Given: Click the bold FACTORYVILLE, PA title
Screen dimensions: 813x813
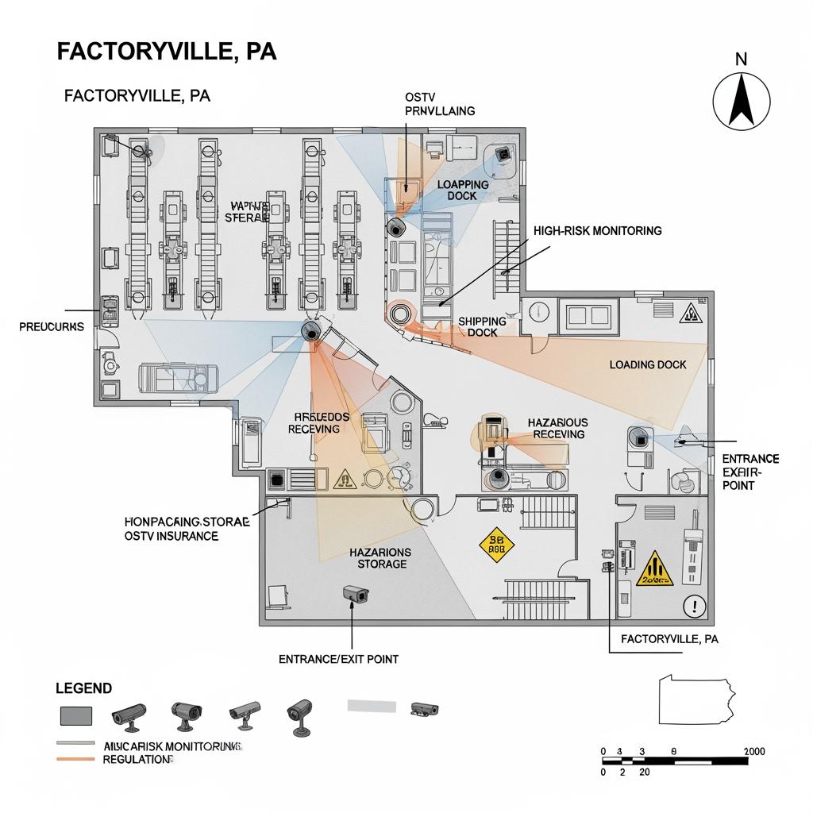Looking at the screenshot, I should coord(167,52).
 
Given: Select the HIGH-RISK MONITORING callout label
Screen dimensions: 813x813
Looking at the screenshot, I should coord(597,231).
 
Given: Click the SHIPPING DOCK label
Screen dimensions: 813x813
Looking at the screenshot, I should coord(482,326).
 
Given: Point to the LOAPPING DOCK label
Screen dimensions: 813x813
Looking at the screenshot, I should coord(463,190).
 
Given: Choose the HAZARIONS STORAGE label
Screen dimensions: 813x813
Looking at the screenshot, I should coord(380,557).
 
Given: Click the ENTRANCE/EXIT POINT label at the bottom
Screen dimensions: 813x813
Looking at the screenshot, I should coord(339,659).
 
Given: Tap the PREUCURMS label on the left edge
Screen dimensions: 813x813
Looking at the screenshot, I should coord(52,326).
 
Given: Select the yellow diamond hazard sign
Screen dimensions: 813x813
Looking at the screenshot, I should coord(498,545).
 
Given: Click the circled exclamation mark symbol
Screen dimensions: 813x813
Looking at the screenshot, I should coord(695,607).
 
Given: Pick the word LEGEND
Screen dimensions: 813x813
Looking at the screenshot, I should coord(83,688).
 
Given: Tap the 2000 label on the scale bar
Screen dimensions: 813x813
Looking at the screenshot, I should coord(753,751).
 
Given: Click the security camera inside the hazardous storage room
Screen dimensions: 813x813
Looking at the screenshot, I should coord(354,594).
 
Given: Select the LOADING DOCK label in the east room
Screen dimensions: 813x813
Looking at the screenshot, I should coord(647,364).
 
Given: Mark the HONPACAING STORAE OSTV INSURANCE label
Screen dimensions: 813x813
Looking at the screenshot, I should coord(187,529).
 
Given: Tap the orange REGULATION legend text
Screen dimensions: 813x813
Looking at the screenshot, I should coord(137,760).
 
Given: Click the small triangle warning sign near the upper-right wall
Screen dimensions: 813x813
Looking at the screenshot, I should coord(690,314).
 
